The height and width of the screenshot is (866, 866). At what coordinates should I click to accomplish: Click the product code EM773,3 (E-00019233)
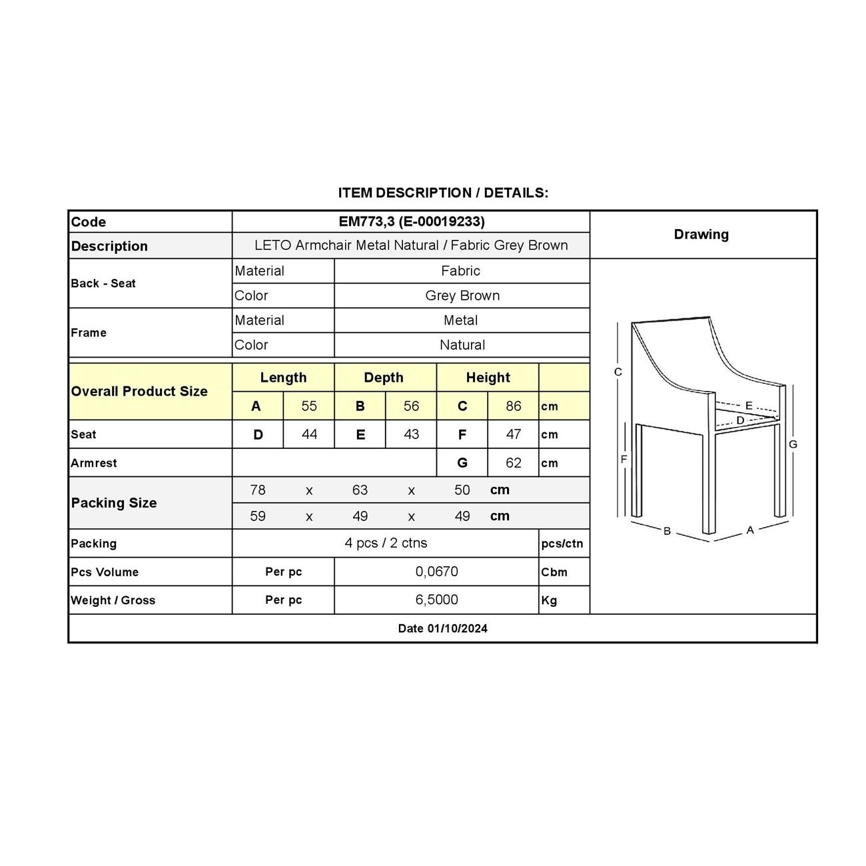(411, 222)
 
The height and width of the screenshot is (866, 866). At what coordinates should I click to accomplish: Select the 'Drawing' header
(701, 234)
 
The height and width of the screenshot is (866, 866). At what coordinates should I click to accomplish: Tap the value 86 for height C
(513, 406)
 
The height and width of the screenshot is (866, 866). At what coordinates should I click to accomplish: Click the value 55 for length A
(309, 406)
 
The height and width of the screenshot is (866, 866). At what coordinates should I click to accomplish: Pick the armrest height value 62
(513, 463)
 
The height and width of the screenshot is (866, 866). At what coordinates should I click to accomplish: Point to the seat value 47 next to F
(513, 434)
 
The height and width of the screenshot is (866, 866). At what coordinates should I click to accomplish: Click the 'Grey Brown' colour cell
(462, 296)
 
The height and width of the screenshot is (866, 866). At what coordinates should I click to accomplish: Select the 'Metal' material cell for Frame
(461, 320)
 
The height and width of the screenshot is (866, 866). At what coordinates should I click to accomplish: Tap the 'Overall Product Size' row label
(139, 392)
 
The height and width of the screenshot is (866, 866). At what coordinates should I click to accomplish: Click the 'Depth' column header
(384, 378)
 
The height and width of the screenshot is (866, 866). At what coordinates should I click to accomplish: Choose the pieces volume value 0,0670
(436, 572)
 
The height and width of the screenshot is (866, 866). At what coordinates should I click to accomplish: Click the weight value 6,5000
(436, 600)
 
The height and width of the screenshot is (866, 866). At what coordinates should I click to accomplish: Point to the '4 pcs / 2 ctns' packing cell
(386, 543)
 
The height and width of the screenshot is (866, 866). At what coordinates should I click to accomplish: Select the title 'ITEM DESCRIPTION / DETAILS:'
(443, 193)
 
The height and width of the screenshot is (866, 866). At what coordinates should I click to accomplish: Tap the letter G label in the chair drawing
(793, 444)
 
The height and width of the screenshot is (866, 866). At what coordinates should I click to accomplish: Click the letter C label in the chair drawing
(618, 372)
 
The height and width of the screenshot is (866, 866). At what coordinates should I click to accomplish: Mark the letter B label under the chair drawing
(667, 531)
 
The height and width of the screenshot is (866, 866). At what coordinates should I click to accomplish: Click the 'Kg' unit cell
(549, 600)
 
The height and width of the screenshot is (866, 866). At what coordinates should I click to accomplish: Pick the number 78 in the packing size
(258, 490)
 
